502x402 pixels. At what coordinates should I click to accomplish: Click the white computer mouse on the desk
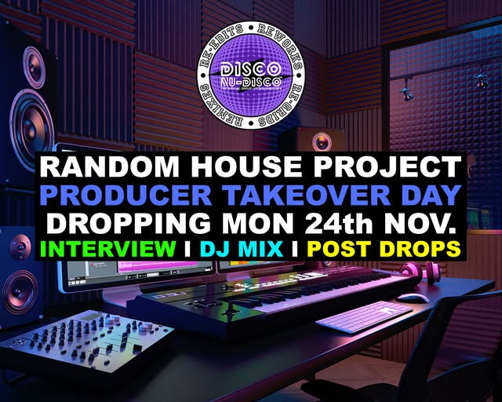[413, 298]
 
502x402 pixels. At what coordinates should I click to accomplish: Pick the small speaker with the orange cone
[321, 141]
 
